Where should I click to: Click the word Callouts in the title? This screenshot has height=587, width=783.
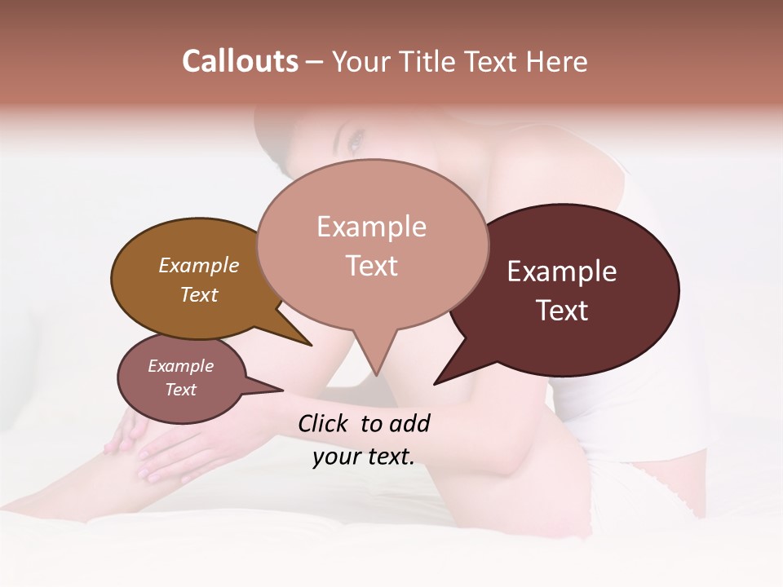point(240,61)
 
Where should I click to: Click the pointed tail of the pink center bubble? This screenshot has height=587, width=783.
point(375,359)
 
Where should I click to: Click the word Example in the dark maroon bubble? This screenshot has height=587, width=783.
point(562,271)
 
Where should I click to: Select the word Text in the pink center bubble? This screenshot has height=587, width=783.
point(372,266)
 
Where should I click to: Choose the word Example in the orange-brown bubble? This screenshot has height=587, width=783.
point(199,265)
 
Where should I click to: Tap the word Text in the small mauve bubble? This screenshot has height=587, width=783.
point(181,390)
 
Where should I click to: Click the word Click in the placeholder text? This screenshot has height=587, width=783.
point(325,423)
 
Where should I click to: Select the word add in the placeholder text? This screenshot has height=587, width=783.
point(409,423)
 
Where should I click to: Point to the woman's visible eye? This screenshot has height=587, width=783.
point(354,145)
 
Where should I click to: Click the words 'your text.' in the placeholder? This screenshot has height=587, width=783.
point(364,457)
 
